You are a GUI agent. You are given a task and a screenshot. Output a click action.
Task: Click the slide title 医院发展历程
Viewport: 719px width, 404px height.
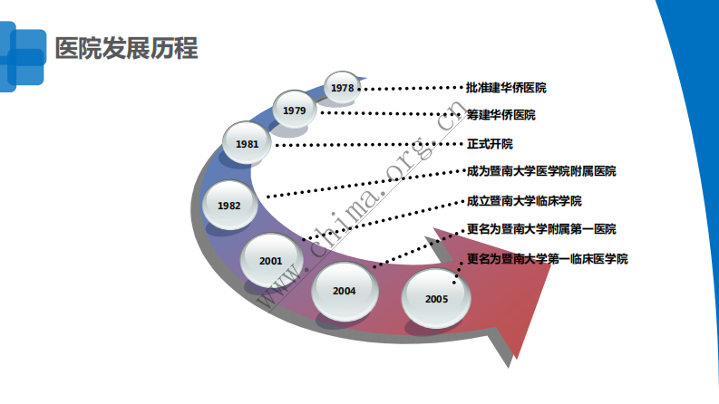point(126,47)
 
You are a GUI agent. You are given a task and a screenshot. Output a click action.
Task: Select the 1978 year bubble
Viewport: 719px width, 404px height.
point(343,88)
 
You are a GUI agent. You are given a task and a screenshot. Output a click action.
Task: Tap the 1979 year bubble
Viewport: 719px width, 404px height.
point(294,111)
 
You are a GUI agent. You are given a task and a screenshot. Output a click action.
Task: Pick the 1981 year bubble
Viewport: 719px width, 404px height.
point(247,144)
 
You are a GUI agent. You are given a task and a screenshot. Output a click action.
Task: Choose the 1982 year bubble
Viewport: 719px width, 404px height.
point(229,205)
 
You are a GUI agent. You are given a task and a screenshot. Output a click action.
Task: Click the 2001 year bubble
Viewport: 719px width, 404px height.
point(271,260)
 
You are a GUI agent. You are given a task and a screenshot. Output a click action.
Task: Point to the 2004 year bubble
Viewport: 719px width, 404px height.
point(345,291)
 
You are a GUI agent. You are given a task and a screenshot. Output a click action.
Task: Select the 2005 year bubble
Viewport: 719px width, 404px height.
point(436,298)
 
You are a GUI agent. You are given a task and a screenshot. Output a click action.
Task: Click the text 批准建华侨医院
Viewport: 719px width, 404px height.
point(506,88)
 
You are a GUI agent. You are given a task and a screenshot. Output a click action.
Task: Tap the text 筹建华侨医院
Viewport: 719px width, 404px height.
point(500,115)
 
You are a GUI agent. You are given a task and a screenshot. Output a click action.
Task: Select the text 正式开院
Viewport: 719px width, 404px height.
point(490,143)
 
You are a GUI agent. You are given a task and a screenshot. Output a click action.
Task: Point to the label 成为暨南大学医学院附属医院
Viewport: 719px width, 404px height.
point(541,171)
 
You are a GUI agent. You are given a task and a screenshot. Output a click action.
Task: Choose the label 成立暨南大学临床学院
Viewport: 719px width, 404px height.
point(524,200)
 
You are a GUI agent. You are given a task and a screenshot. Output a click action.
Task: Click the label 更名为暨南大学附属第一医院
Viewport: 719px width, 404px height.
point(541,229)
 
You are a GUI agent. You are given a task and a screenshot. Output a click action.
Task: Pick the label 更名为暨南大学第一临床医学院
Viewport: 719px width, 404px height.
point(547,258)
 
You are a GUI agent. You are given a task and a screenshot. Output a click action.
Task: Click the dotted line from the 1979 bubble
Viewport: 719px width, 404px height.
point(390,113)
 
